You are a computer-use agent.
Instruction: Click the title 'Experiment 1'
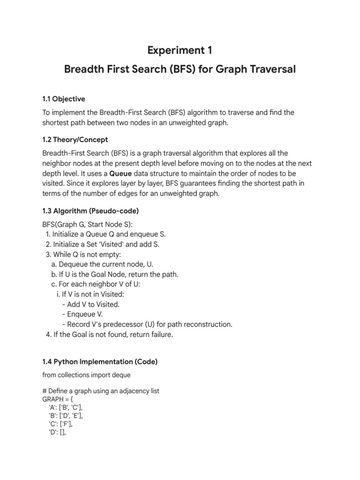tap(180, 50)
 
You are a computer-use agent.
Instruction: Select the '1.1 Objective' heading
tap(64, 99)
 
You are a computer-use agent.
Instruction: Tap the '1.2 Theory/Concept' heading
tap(75, 140)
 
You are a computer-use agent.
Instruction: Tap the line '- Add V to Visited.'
tap(90, 304)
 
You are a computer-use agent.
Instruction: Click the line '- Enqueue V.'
tap(82, 314)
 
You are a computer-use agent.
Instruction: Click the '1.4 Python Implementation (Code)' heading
tap(100, 361)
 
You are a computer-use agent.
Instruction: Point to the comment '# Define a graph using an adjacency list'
tap(101, 391)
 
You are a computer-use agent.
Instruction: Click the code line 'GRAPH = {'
tap(58, 399)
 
